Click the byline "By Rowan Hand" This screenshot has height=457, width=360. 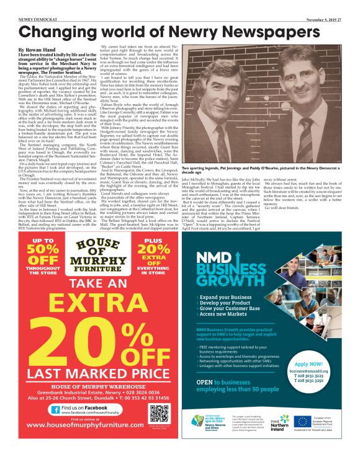(x=39, y=49)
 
